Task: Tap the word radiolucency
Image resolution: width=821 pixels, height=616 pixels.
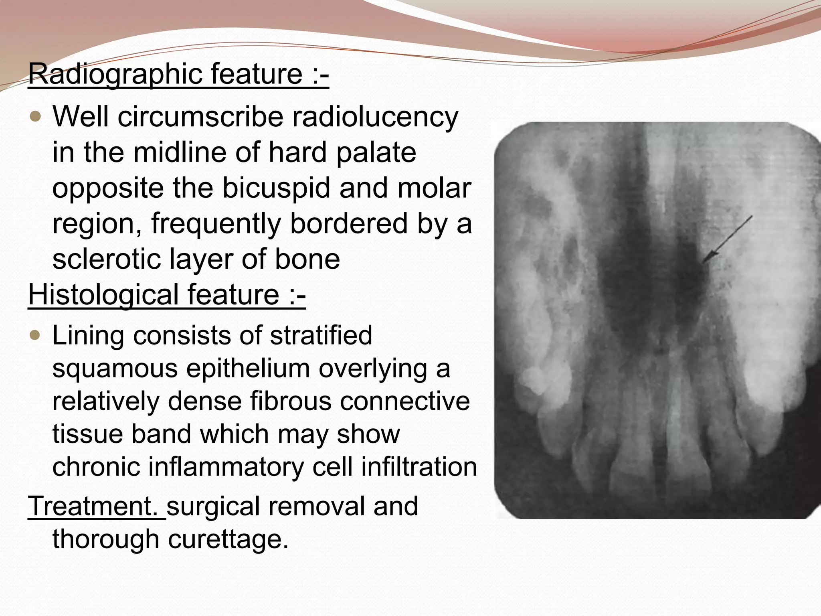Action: [x=375, y=117]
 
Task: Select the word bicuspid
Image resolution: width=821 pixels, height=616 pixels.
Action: [x=277, y=188]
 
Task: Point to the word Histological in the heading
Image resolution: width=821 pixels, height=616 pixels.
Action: [x=103, y=295]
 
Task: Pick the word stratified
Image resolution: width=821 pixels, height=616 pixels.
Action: [x=321, y=335]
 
